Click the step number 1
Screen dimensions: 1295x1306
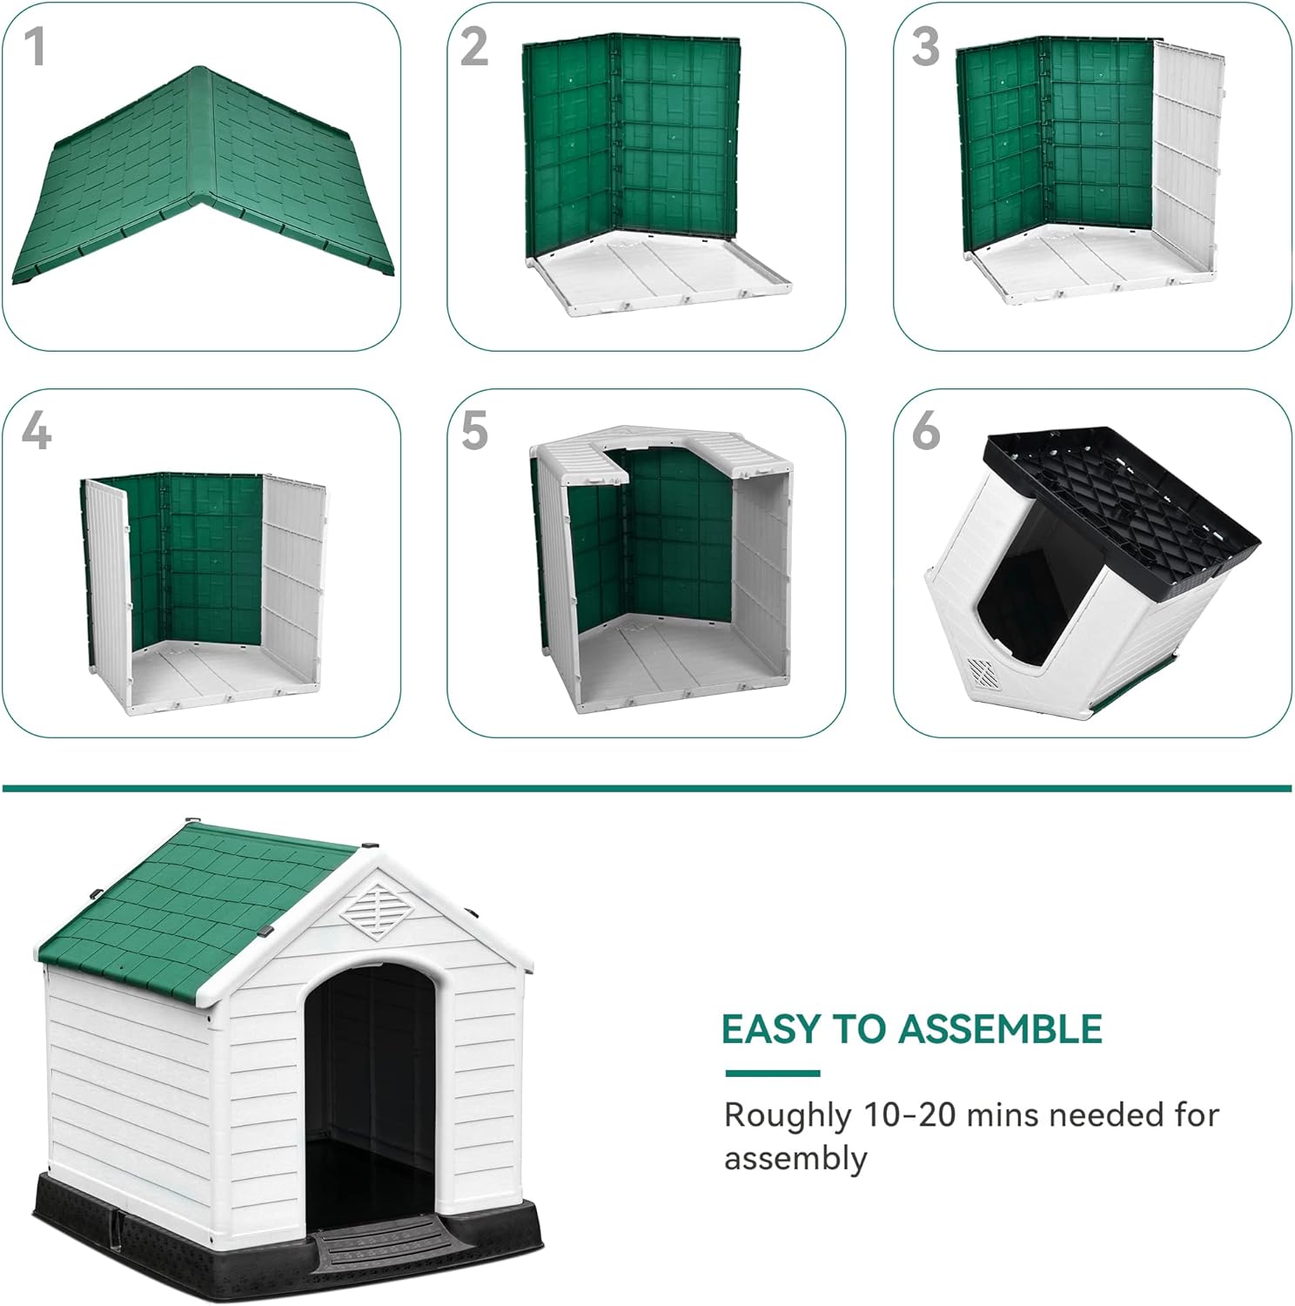point(35,47)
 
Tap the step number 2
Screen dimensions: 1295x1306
point(474,47)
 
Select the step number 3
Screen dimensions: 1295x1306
point(926,47)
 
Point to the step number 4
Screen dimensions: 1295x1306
point(37,431)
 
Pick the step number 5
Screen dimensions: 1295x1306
point(474,431)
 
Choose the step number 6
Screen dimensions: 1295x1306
point(926,431)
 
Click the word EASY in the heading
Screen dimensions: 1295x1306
point(772,1029)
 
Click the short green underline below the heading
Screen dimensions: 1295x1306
point(773,1074)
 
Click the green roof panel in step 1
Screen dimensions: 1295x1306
point(202,174)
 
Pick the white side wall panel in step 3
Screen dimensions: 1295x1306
point(1187,157)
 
